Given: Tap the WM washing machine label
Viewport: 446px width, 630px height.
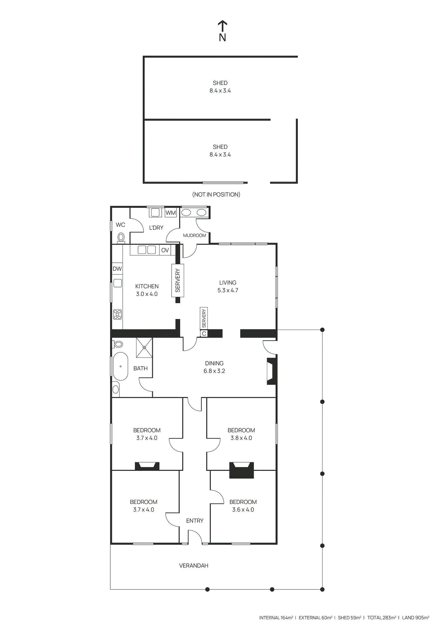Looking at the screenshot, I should point(171,213).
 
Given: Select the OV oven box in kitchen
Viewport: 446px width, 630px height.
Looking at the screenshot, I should point(165,250).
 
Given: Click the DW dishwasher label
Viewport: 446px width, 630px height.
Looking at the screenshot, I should point(117,269).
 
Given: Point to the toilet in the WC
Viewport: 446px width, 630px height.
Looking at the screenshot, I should point(121,238).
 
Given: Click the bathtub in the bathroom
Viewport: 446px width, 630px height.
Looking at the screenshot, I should point(120,366).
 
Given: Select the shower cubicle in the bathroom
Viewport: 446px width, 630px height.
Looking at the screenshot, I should point(144,348).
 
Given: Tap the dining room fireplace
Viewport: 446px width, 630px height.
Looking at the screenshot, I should point(271,371).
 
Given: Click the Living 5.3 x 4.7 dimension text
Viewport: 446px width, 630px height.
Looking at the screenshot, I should point(228,291).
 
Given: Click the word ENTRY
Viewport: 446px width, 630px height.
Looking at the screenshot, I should point(195,521).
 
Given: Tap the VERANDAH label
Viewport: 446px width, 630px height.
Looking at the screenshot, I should point(194,565).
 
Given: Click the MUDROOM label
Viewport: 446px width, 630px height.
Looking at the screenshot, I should point(194,235).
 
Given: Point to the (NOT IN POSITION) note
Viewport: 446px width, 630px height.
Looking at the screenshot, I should point(216,195).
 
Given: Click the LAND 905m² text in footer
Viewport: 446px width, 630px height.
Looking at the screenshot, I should point(415,618).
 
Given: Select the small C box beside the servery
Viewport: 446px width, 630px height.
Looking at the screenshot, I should point(204,334).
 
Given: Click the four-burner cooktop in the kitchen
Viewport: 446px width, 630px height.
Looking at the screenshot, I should point(118,314).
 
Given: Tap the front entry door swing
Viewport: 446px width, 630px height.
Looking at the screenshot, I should point(194,536).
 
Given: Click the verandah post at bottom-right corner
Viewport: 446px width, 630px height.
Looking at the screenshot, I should point(322,589).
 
